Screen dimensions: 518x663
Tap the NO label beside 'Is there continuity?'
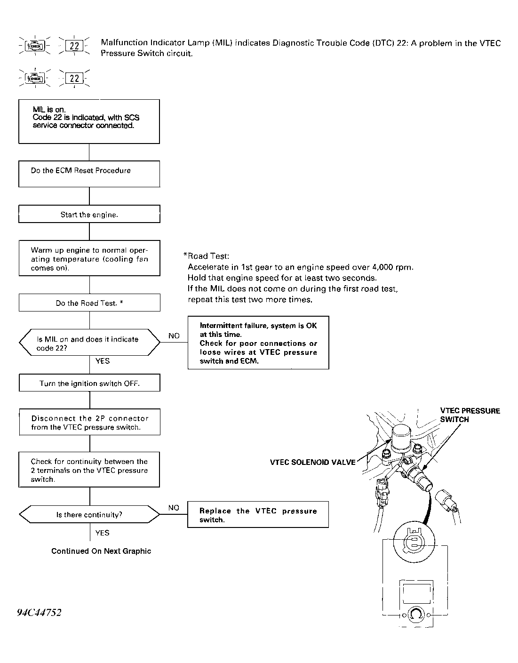174,508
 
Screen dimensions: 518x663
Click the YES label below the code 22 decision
103,361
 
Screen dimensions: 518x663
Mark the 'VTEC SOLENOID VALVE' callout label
313,462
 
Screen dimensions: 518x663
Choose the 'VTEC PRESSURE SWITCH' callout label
470,415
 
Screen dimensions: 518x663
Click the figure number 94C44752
40,612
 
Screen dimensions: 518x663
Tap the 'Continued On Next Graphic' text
101,551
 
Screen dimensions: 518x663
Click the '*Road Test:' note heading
206,256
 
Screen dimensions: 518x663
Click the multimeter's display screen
416,593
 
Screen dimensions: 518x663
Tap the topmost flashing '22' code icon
74,46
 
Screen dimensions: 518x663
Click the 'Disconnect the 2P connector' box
90,422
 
